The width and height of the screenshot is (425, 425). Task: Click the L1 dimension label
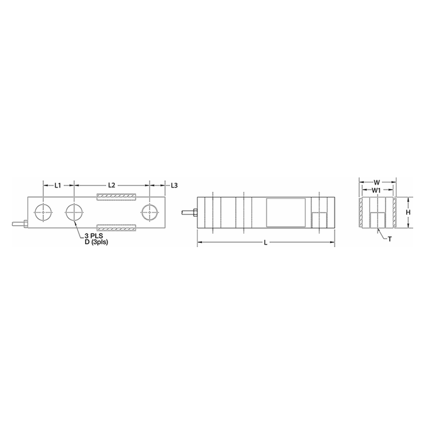[58, 185]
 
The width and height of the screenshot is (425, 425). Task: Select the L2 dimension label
[112, 185]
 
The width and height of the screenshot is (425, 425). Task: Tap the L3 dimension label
[174, 185]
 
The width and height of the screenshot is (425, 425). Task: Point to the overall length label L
[266, 243]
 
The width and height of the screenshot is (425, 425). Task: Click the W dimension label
[377, 182]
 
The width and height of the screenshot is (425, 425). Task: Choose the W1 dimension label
[376, 191]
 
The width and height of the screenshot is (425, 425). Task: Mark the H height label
[408, 212]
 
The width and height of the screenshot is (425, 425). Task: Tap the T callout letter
[390, 239]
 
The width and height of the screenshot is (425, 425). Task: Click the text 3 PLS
[93, 236]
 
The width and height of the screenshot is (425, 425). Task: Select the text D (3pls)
[97, 242]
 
